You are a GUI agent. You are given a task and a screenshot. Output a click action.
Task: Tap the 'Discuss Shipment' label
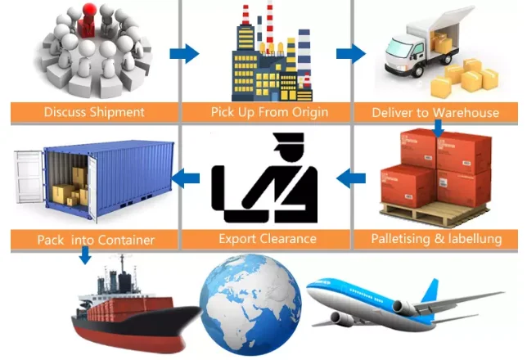pos(93,112)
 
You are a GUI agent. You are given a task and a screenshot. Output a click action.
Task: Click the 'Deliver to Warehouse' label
pos(435,112)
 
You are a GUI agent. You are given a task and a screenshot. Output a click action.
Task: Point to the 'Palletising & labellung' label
pos(436,239)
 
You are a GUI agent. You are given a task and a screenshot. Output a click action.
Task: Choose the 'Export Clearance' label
pos(264,239)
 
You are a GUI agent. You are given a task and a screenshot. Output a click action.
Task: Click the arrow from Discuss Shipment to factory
pos(185,55)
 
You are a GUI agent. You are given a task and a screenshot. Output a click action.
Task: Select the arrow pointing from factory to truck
pos(351,55)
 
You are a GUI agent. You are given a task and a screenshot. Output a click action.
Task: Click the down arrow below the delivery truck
pos(439,128)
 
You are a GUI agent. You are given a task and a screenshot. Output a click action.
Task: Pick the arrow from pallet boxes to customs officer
pos(351,175)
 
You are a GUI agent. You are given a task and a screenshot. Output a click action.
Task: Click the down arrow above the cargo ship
pos(83,256)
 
